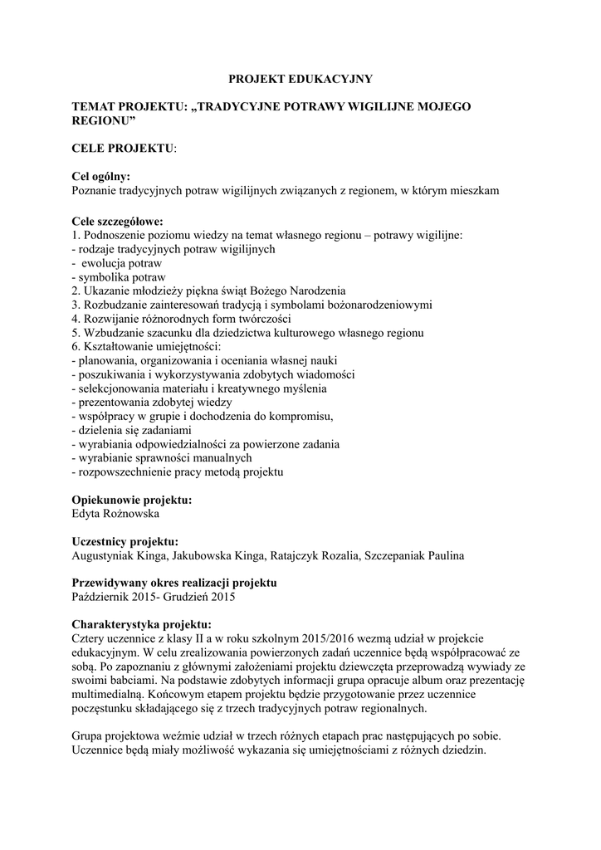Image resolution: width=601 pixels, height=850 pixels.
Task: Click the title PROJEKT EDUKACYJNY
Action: [300, 79]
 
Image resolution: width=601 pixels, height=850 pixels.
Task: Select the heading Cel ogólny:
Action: [101, 176]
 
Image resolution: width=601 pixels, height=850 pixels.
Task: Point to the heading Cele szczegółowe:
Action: [118, 221]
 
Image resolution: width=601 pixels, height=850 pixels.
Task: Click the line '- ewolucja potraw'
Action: [122, 262]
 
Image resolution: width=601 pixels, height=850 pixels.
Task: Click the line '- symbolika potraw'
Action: [120, 276]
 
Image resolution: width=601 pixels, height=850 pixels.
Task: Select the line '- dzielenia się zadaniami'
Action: [133, 430]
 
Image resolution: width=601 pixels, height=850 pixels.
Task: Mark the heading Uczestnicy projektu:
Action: [125, 541]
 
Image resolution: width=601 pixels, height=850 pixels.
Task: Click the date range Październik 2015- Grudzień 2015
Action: [154, 597]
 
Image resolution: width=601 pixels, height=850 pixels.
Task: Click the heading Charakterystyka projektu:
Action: [142, 624]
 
